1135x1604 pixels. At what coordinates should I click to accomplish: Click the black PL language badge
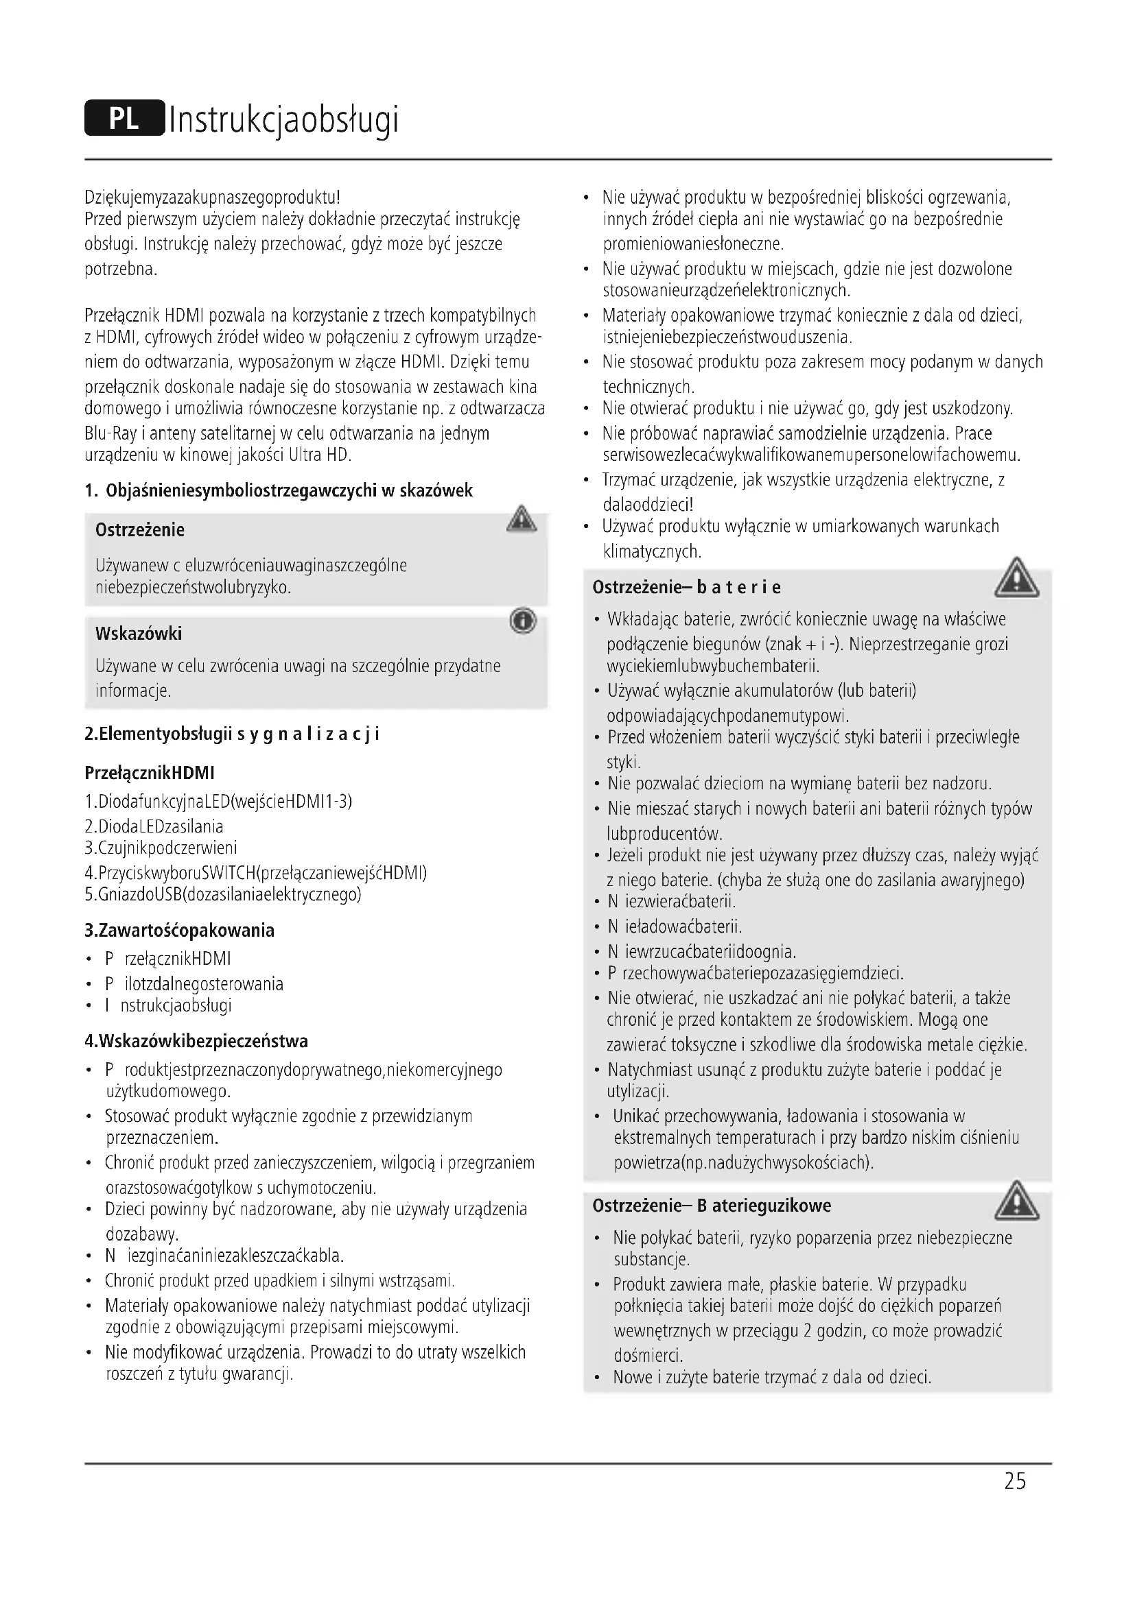(x=124, y=119)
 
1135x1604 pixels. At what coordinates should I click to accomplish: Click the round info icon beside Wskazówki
(x=523, y=621)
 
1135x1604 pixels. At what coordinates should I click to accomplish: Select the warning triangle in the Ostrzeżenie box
(x=522, y=520)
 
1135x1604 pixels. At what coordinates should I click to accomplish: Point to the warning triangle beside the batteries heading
(x=1017, y=579)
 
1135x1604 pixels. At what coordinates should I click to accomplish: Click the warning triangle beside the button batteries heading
(x=1017, y=1201)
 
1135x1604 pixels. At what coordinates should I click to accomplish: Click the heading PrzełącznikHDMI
(x=150, y=773)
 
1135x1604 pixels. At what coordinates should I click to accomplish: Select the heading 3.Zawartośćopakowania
(x=180, y=930)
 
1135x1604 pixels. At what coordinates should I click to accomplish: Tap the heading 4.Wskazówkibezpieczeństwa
(x=196, y=1041)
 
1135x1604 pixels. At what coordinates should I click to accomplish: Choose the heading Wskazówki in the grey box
(x=139, y=634)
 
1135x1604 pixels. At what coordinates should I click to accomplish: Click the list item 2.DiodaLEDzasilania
(x=154, y=826)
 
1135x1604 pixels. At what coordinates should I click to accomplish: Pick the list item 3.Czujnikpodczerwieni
(x=161, y=848)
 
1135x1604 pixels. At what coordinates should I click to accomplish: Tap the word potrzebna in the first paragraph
(x=120, y=269)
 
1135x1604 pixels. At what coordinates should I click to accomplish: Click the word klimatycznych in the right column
(x=651, y=551)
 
